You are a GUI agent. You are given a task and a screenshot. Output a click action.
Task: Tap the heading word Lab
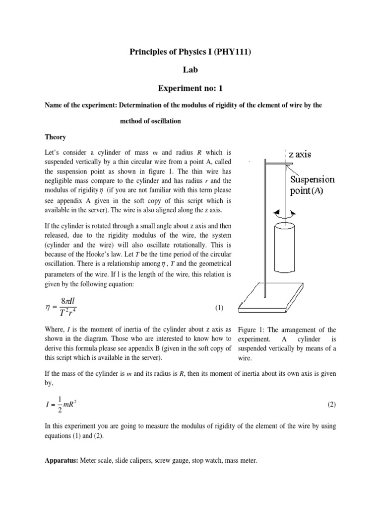click(x=190, y=70)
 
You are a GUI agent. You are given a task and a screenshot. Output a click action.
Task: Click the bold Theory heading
click(x=55, y=137)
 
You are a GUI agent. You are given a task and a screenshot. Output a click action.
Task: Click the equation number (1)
click(x=219, y=308)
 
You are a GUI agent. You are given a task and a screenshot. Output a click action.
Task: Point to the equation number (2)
click(x=332, y=405)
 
